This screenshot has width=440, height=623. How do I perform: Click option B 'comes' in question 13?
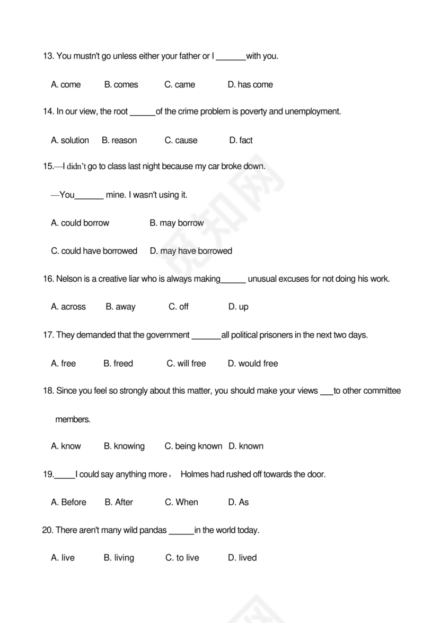point(121,84)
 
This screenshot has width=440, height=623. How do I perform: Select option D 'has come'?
point(250,84)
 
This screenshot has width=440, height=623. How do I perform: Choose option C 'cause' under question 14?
point(181,141)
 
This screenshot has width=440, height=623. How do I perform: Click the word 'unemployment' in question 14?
point(312,111)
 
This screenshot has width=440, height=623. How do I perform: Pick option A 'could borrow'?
point(80,223)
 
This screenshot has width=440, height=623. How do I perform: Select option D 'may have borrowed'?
point(191,251)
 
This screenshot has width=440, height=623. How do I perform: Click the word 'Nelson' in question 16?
point(68,279)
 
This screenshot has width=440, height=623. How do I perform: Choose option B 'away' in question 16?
point(120,307)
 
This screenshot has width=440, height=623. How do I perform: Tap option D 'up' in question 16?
point(238,307)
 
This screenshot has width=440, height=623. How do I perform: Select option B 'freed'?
point(118,364)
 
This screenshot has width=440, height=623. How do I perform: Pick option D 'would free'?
point(253,364)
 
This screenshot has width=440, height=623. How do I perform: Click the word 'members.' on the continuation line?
point(73,419)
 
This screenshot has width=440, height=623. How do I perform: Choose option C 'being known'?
point(193,446)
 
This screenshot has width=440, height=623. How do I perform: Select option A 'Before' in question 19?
point(68,502)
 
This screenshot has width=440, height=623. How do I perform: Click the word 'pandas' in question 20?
point(153,530)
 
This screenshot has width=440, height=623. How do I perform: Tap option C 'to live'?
point(182,558)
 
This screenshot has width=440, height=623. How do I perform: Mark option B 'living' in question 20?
point(119,558)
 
